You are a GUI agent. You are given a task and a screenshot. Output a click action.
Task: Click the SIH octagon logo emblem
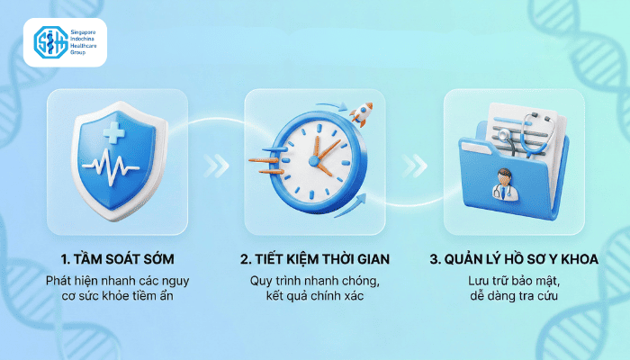tap(50, 42)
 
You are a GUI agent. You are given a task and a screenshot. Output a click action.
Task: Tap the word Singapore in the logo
tap(83, 32)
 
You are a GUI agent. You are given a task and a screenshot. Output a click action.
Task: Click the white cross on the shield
tap(113, 132)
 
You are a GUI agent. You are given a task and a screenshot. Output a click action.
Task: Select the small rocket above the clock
tap(362, 112)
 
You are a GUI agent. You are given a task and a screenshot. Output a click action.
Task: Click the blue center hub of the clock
tap(314, 161)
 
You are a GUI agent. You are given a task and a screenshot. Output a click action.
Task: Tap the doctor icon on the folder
tap(505, 184)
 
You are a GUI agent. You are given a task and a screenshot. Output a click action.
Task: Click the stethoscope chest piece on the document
tap(504, 135)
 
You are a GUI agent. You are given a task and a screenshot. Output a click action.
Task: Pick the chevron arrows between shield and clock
tap(216, 166)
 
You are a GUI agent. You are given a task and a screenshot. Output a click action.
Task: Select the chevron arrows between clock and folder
tap(414, 166)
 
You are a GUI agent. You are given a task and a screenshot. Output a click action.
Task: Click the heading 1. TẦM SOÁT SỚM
tap(118, 259)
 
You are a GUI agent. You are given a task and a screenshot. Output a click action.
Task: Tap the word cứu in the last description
tap(547, 296)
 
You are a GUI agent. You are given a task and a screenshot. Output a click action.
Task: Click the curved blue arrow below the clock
tap(350, 206)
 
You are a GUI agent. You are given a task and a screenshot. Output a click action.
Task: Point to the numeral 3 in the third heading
tap(434, 259)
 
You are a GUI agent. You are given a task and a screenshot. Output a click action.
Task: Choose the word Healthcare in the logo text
tap(84, 46)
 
